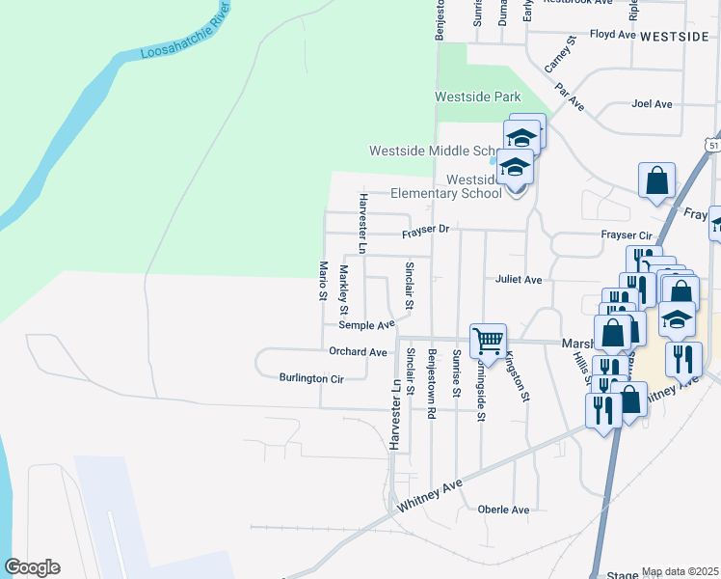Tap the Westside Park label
[477, 96]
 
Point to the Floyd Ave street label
[613, 34]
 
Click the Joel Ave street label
[651, 103]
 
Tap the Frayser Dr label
[426, 230]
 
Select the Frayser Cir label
[627, 235]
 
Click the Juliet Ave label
[519, 279]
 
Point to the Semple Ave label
[366, 326]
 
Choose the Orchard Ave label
[358, 352]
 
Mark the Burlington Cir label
[310, 378]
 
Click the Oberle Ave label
[503, 510]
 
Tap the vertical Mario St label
[324, 280]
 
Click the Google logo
[32, 567]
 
